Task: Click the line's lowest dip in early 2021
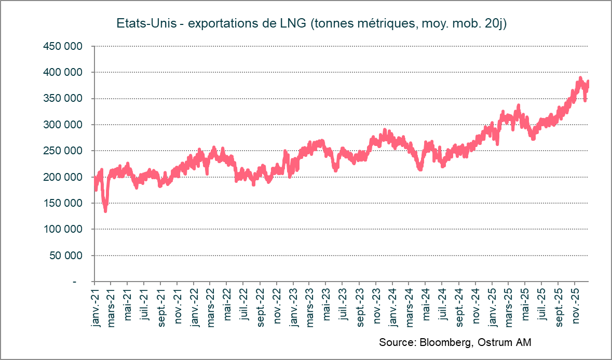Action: tap(105, 210)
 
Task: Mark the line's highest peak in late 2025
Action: tap(580, 78)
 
